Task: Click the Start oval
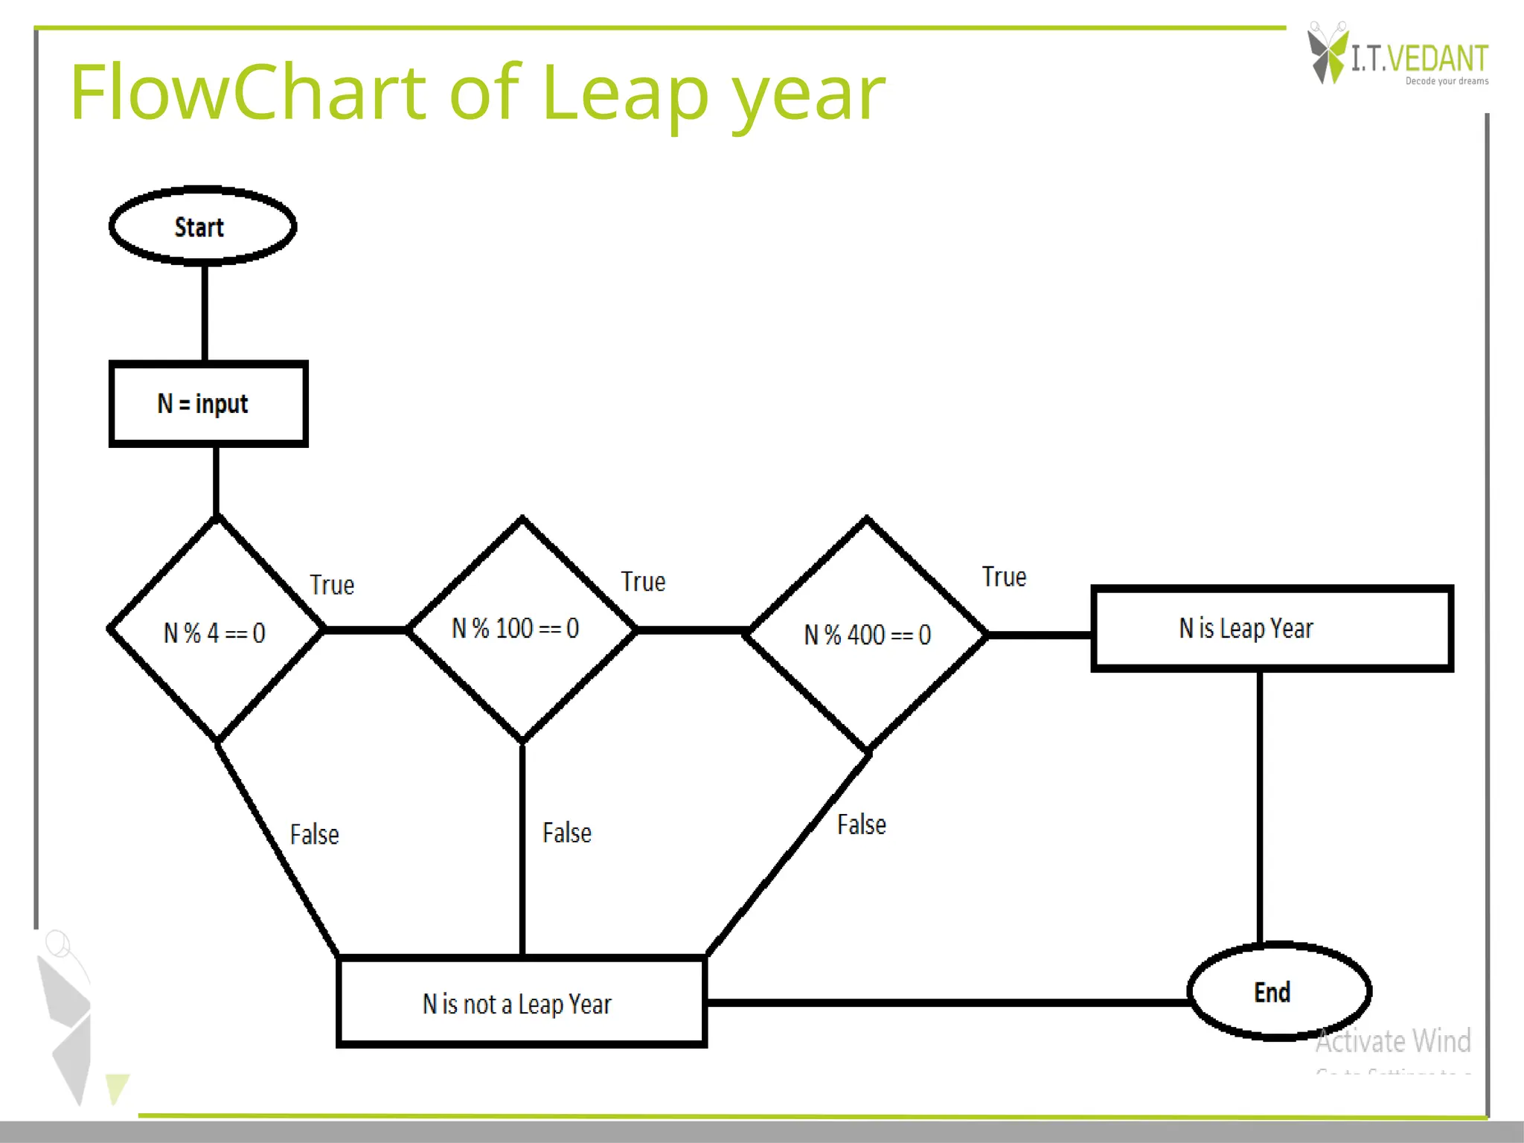pos(202,226)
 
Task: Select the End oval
pos(1279,991)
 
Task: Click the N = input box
pos(208,404)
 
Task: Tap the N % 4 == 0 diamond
pos(216,632)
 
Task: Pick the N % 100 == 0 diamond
pos(522,630)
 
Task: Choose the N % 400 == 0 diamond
pos(867,634)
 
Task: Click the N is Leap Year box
pos(1272,629)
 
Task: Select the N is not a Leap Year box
pos(521,1003)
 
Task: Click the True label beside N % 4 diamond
pos(332,585)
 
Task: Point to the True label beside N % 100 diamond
pos(643,582)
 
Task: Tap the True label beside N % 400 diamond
pos(1004,577)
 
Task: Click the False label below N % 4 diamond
pos(314,834)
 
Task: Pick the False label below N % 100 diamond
pos(567,833)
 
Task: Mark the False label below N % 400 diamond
pos(862,825)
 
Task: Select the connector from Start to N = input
pos(205,313)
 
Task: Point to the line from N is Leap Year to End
pos(1260,807)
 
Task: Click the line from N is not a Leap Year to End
pos(945,1002)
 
